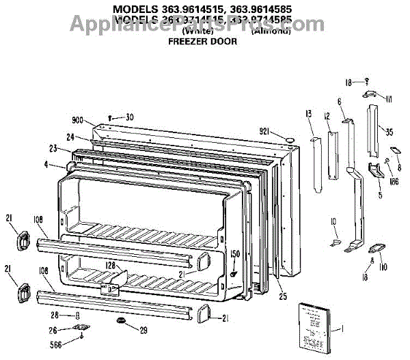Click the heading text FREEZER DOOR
tap(203, 42)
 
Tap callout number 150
tap(235, 254)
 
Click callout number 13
tap(308, 113)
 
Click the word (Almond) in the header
tap(271, 31)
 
